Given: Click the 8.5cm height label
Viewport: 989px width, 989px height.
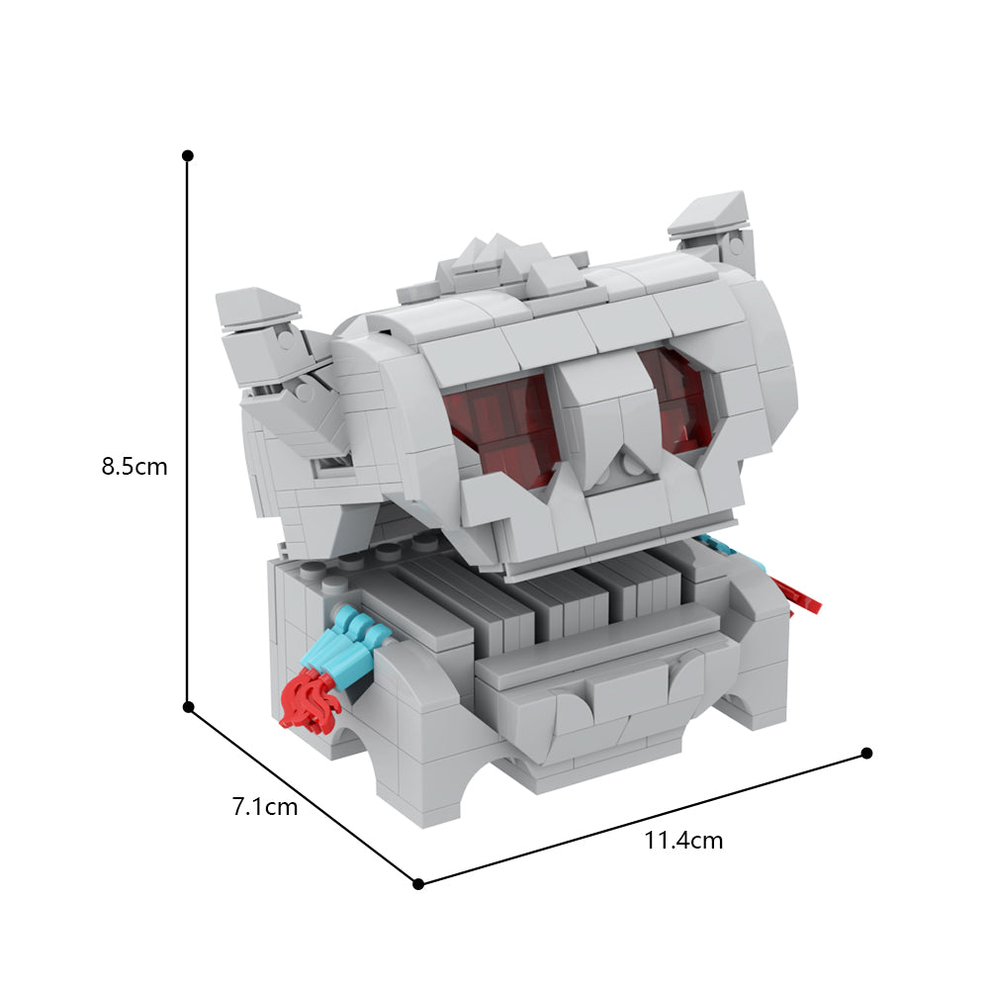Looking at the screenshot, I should pyautogui.click(x=135, y=467).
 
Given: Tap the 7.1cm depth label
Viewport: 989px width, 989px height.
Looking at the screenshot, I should pyautogui.click(x=264, y=806).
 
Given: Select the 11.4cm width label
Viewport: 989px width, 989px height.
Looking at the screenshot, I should pyautogui.click(x=683, y=842).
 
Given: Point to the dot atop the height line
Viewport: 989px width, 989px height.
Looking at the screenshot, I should pyautogui.click(x=187, y=155).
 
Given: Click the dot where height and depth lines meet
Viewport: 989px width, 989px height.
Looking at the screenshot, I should pyautogui.click(x=188, y=707).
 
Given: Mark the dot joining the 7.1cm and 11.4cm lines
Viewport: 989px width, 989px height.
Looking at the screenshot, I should pyautogui.click(x=418, y=883).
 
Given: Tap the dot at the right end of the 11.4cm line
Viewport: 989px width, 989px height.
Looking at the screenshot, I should pyautogui.click(x=866, y=753).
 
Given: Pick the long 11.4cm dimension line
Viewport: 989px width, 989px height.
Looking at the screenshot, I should pyautogui.click(x=643, y=818).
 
